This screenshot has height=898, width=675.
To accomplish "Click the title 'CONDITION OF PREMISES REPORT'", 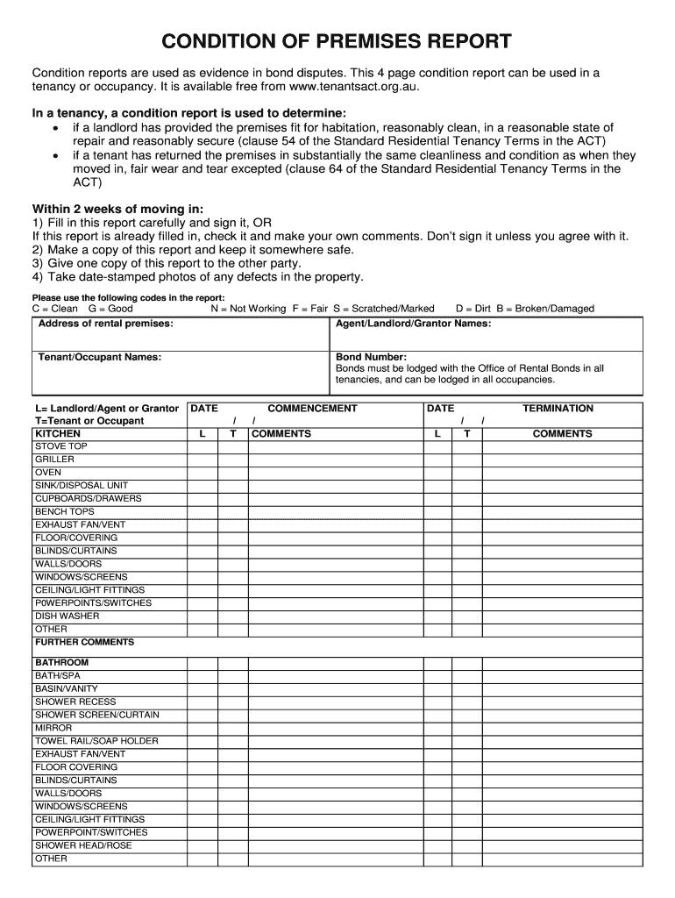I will [x=337, y=41].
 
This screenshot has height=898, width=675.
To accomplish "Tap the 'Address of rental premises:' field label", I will [x=105, y=324].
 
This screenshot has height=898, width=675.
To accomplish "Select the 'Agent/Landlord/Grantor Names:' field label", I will [x=413, y=324].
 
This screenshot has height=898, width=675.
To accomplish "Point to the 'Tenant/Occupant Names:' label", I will [x=99, y=358].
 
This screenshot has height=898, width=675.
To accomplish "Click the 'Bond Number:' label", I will [x=371, y=358].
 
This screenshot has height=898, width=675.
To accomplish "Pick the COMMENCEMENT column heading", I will [x=312, y=409].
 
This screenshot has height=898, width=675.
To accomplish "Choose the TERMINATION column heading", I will [x=558, y=409].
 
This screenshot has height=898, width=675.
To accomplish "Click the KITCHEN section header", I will [x=58, y=434].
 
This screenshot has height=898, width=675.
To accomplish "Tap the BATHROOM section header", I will [x=61, y=662].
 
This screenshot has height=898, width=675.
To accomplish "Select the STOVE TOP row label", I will [x=61, y=446].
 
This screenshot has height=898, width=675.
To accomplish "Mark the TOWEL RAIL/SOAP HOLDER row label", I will [x=96, y=741].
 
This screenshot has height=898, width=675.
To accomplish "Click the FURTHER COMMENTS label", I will [x=84, y=642].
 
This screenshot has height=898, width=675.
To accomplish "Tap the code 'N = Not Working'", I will [x=248, y=309].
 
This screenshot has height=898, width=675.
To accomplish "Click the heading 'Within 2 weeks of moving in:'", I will [x=117, y=209].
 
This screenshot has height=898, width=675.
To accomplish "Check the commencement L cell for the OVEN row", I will [x=202, y=473].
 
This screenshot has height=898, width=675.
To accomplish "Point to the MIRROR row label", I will [x=53, y=728].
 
